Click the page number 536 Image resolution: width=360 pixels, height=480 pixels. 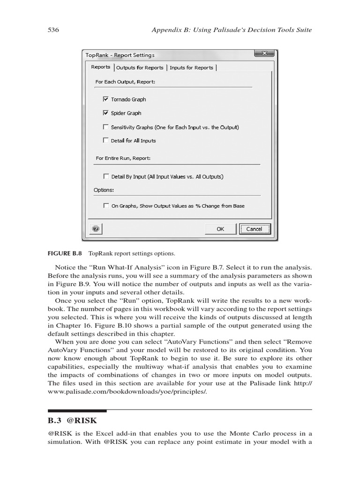pyautogui.click(x=53, y=30)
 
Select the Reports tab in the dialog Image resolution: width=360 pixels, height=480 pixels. pyautogui.click(x=101, y=67)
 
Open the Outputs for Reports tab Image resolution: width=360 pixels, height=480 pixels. pyautogui.click(x=140, y=67)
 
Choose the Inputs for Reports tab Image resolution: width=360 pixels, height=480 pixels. pyautogui.click(x=191, y=67)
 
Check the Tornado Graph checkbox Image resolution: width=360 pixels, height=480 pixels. pyautogui.click(x=105, y=99)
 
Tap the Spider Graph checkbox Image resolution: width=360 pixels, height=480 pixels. pyautogui.click(x=105, y=113)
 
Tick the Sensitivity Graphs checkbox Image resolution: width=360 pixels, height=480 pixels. pyautogui.click(x=105, y=127)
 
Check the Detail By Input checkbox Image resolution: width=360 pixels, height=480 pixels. pyautogui.click(x=105, y=177)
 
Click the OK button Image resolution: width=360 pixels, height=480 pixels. pyautogui.click(x=220, y=229)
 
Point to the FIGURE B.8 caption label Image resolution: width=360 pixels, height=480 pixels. pyautogui.click(x=65, y=254)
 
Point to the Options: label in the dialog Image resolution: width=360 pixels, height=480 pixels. pyautogui.click(x=104, y=190)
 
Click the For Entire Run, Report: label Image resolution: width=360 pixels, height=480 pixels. pyautogui.click(x=123, y=158)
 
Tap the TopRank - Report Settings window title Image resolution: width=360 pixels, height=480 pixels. pyautogui.click(x=120, y=55)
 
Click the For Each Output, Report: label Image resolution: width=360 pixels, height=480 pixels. pyautogui.click(x=125, y=82)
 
